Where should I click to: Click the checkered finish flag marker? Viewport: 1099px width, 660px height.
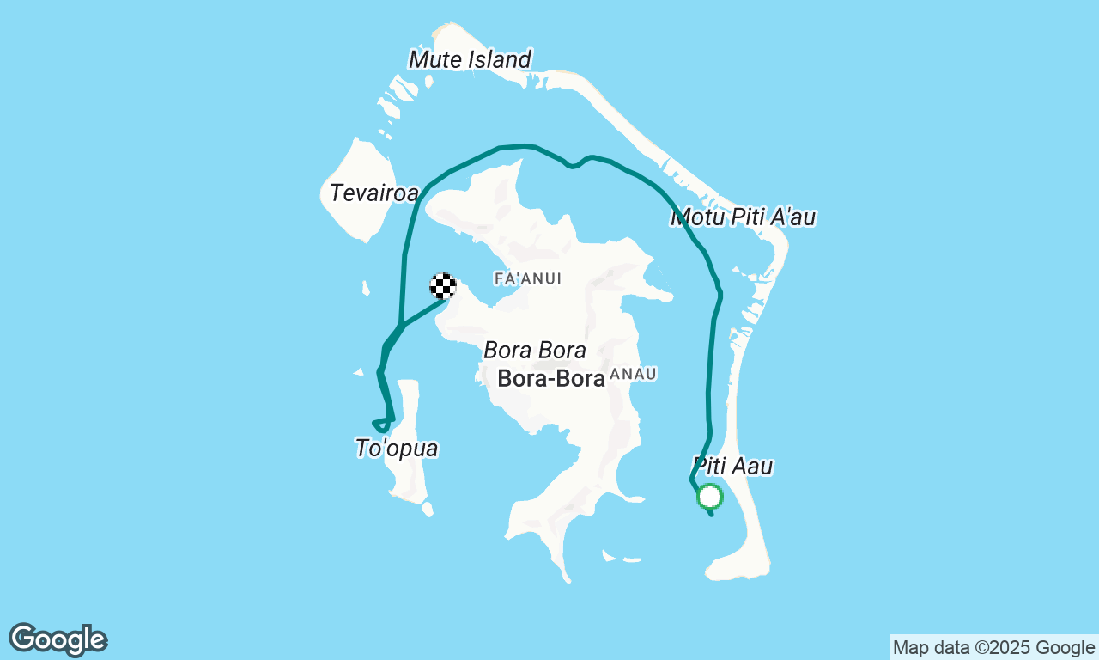(x=443, y=286)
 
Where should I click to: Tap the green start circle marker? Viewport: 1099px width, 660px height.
(x=710, y=497)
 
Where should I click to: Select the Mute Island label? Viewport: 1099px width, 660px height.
(x=470, y=59)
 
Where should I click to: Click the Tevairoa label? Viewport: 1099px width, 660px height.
(x=373, y=192)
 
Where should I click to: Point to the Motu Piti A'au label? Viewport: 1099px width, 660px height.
(x=743, y=217)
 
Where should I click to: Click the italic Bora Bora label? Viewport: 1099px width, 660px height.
(x=535, y=351)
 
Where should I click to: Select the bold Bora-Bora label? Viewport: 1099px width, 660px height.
(x=552, y=378)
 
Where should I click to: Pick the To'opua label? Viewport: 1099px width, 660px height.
(x=397, y=448)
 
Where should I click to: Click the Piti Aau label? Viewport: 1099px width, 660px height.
(x=732, y=467)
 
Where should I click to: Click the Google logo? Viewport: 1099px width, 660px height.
(x=58, y=640)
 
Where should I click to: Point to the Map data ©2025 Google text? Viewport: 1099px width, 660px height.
(x=993, y=647)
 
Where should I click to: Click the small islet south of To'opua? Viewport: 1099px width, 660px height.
(x=428, y=510)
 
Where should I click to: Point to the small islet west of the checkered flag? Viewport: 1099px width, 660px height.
(x=367, y=288)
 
